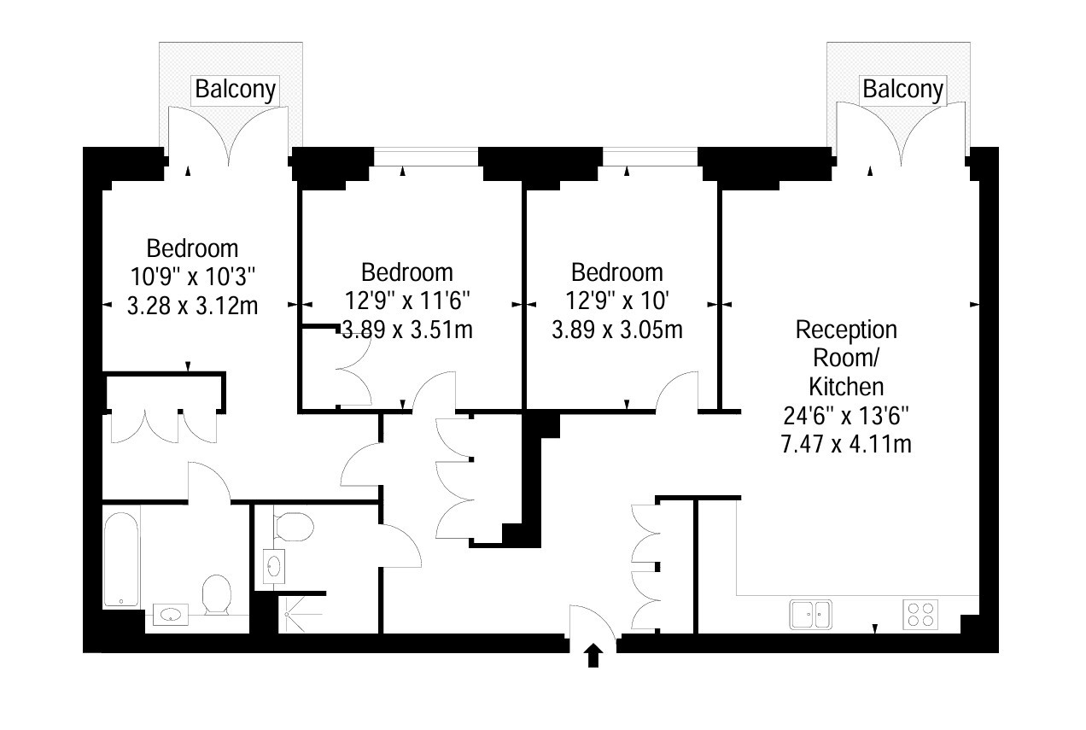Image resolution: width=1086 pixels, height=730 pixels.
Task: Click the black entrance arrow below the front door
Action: pos(593,656)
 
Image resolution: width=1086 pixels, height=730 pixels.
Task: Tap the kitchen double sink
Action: pos(810,615)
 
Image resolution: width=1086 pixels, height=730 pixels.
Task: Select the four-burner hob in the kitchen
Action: pos(920,615)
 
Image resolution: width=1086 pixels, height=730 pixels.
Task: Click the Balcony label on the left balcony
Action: pos(235,91)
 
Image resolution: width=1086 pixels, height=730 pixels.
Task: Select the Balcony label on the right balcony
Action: pos(902,91)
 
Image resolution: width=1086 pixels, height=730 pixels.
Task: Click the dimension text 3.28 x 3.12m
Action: pos(192,306)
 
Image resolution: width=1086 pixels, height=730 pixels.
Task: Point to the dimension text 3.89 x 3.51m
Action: pos(407,330)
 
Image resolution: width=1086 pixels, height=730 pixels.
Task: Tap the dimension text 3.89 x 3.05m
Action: pos(617,330)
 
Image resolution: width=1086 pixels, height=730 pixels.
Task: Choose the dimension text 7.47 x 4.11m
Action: pos(846,443)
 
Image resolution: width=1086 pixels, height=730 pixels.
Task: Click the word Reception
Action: pos(846,330)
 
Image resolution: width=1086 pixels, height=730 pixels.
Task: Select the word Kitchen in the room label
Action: pos(846,387)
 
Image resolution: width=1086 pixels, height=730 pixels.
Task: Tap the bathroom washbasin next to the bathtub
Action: pos(171,615)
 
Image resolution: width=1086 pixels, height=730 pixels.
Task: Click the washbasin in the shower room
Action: pos(274,566)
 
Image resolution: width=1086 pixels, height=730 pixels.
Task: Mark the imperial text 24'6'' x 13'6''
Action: pos(846,416)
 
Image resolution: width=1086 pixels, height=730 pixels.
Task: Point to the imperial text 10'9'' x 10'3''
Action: pos(192,277)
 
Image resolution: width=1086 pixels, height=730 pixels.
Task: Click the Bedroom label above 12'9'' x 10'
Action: pos(617,272)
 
